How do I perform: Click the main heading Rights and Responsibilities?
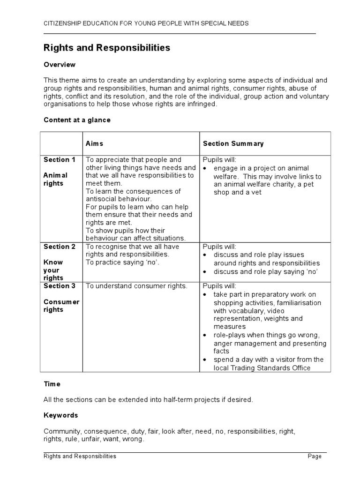point(107,48)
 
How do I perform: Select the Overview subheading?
point(60,65)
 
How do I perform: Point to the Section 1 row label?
point(60,160)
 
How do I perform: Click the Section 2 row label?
point(60,247)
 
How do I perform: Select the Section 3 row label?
point(60,286)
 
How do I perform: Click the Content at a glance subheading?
point(77,120)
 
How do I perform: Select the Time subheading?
point(52,384)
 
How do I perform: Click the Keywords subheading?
point(61,415)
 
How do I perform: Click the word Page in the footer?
point(315,456)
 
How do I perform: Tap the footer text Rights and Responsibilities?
point(80,456)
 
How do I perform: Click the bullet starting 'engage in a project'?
point(267,180)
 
